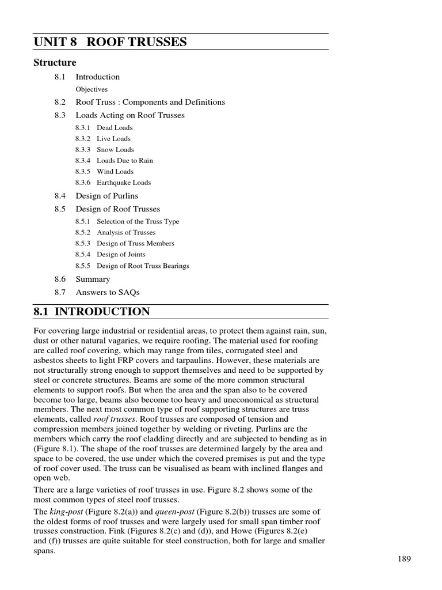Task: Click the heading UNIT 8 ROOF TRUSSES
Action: click(x=110, y=41)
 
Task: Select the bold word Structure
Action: click(x=55, y=62)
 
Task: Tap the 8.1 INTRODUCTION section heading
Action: click(x=92, y=312)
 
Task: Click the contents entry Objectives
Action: click(x=92, y=89)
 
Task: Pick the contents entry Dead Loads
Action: click(x=115, y=127)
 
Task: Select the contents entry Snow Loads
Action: click(x=115, y=149)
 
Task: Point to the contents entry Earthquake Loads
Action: click(x=124, y=182)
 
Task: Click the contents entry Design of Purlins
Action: click(x=107, y=196)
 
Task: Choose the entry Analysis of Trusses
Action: click(x=126, y=232)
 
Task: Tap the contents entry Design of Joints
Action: click(x=121, y=254)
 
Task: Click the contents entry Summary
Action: click(x=93, y=279)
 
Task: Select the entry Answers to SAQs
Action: click(x=108, y=292)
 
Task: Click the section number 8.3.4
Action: click(x=83, y=160)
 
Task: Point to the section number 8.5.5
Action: click(x=83, y=266)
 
